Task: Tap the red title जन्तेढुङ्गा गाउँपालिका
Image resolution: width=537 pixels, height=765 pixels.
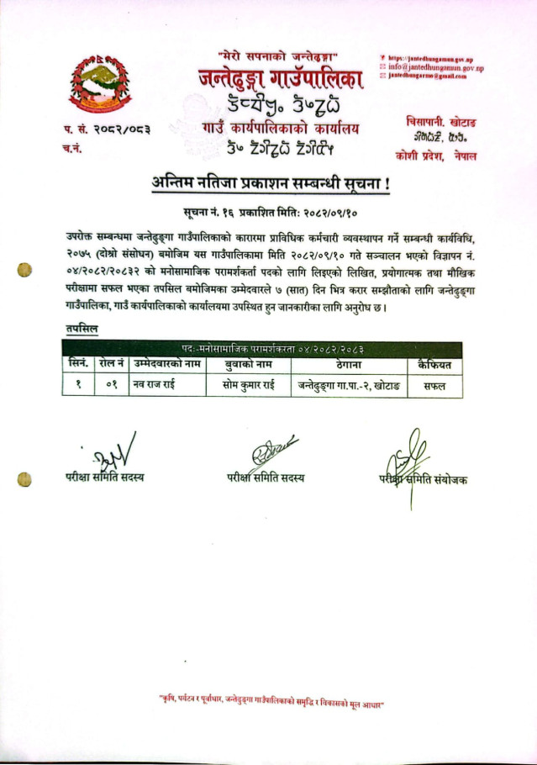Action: [x=281, y=81]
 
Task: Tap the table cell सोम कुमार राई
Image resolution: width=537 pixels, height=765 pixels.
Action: [x=242, y=385]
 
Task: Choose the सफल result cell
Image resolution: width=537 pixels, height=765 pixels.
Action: [x=434, y=385]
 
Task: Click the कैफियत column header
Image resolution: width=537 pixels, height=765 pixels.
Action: [x=434, y=365]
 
